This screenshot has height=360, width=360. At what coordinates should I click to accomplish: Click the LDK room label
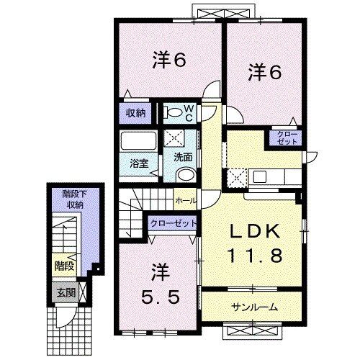point(255,231)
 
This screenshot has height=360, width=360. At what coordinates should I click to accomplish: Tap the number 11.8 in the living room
point(255,255)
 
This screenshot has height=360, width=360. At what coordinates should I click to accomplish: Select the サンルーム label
point(254,307)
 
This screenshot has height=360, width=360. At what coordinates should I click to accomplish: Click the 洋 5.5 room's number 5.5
point(160,298)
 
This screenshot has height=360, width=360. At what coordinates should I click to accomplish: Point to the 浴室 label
point(139,163)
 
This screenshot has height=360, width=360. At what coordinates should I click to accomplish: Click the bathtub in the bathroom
point(139,140)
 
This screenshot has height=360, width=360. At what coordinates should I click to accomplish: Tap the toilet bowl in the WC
point(174,112)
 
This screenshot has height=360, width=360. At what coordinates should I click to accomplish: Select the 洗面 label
point(183,158)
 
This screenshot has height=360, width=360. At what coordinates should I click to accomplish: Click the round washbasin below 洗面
point(186,176)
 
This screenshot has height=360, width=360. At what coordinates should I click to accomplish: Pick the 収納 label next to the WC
point(136,113)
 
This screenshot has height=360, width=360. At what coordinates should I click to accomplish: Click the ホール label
point(186,201)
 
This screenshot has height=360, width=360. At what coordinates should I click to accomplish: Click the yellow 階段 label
point(64,266)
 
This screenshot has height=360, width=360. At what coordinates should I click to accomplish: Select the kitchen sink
point(260,176)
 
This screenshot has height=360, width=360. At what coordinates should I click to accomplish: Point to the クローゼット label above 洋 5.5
point(174,223)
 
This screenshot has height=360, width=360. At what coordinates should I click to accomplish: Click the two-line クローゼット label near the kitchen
point(287,138)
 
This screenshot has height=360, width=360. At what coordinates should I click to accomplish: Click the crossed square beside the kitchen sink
point(237,178)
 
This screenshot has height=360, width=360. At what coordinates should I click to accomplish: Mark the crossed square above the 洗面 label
point(174,138)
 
